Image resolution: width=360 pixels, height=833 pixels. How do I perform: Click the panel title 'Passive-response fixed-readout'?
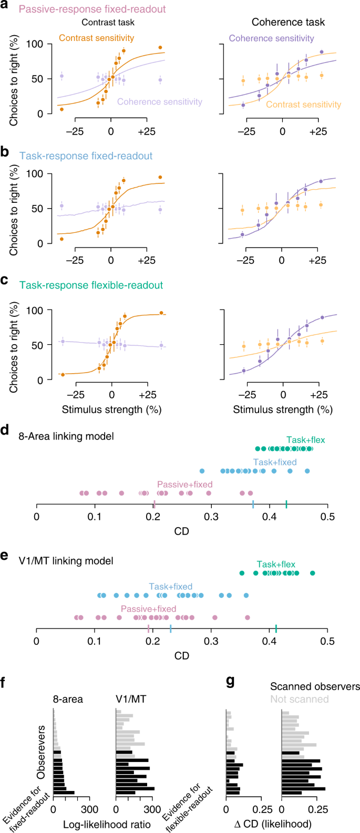(x=92, y=9)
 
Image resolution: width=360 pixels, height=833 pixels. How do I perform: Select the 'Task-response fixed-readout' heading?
(x=86, y=156)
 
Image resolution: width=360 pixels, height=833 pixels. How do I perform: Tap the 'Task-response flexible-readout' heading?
(x=91, y=285)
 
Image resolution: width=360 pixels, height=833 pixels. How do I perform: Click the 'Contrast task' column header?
(x=108, y=23)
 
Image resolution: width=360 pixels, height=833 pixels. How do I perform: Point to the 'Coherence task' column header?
(x=288, y=22)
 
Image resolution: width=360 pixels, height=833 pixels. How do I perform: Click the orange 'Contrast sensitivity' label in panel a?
(x=96, y=38)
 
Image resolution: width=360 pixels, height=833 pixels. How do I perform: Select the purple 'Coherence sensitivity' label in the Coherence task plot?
(x=271, y=38)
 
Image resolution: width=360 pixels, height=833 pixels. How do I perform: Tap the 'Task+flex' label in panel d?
(x=306, y=440)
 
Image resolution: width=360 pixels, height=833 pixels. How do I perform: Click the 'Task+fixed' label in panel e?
(x=171, y=587)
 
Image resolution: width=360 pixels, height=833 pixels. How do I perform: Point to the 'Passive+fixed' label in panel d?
(x=185, y=485)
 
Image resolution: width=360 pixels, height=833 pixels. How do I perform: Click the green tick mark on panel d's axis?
(x=286, y=505)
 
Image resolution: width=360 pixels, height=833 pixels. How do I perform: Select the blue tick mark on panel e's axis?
(x=171, y=629)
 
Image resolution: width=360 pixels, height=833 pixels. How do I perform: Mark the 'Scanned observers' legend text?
(x=315, y=686)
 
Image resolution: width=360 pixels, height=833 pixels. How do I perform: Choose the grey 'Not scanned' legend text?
(x=300, y=699)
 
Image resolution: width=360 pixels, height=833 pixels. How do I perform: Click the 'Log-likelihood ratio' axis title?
(x=107, y=825)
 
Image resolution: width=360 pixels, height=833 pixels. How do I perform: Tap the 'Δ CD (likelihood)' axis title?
(x=273, y=825)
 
